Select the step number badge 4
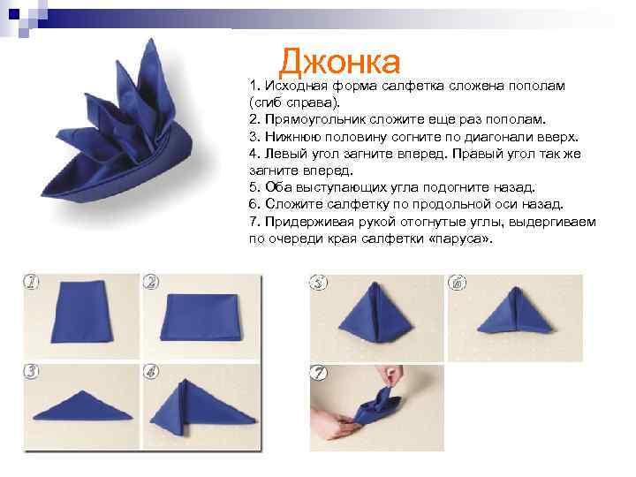tap(151, 371)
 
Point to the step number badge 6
tap(457, 284)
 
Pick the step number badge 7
tap(319, 375)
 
